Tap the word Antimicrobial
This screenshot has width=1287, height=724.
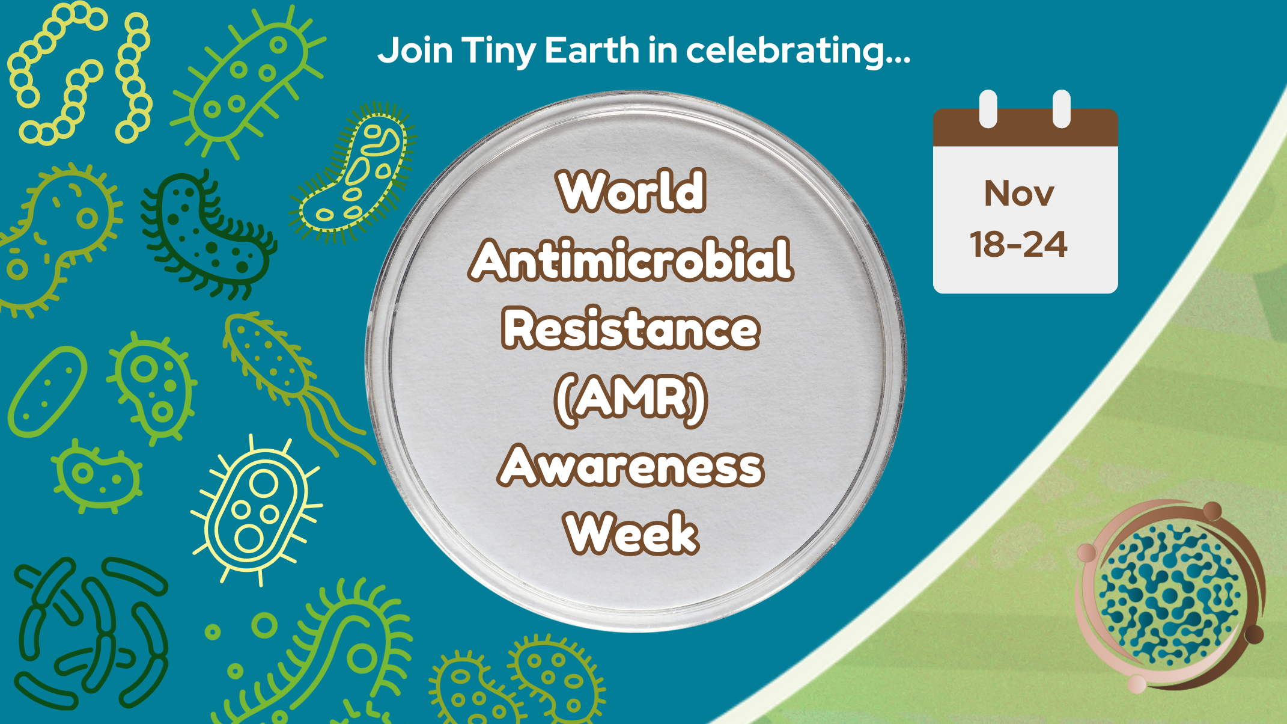pos(631,260)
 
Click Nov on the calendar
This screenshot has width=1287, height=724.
pos(1019,194)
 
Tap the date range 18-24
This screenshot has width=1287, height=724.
pos(1019,245)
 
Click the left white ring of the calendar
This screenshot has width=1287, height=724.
pos(988,108)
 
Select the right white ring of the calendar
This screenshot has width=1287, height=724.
pos(1062,108)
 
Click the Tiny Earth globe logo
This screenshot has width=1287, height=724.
pos(1169,595)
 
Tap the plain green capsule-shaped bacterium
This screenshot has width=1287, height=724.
pos(47,390)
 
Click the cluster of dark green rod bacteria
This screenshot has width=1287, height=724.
pos(90,631)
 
